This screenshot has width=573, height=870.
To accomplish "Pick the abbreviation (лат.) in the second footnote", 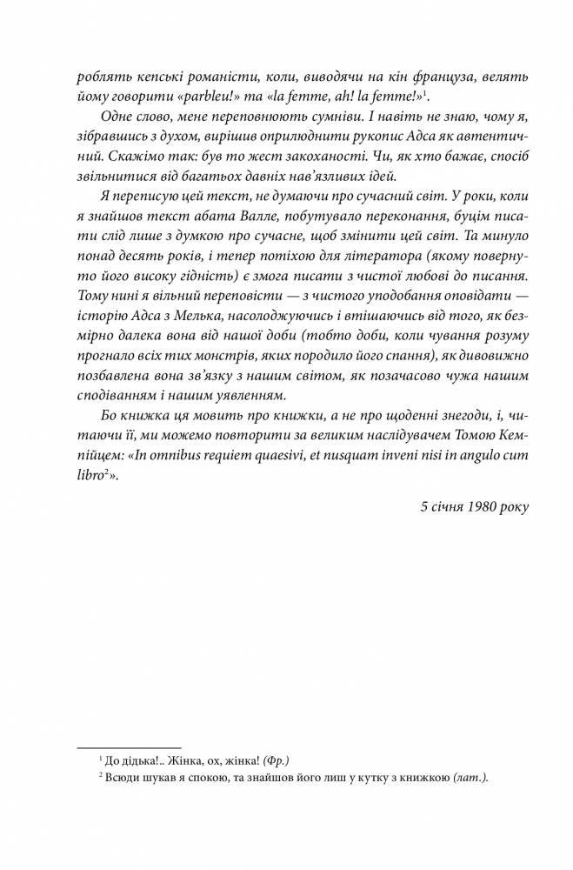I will click(x=469, y=780).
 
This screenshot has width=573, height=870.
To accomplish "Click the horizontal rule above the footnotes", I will click(x=130, y=746).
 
